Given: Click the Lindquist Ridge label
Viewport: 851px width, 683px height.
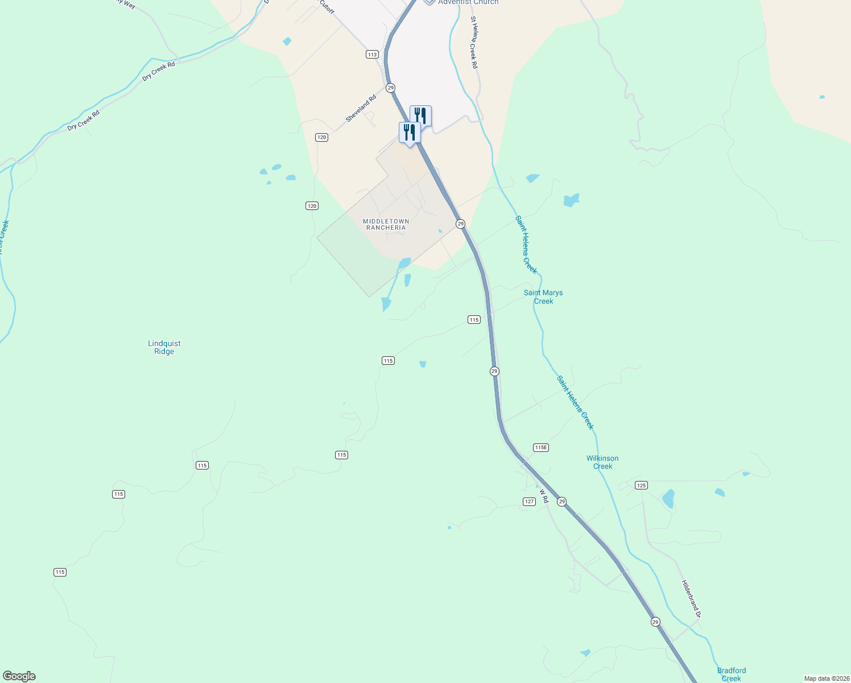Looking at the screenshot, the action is (x=164, y=347).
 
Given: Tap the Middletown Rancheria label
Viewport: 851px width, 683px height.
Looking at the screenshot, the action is (x=386, y=224).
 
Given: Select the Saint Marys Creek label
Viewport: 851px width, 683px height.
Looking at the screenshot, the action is (x=543, y=297).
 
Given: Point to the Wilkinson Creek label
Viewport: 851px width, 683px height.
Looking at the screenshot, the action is (x=602, y=462).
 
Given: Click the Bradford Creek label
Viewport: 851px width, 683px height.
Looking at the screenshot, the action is (x=731, y=674).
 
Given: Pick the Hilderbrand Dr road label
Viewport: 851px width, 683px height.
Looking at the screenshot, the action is (x=691, y=599).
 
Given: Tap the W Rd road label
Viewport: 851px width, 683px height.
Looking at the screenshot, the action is (x=544, y=496).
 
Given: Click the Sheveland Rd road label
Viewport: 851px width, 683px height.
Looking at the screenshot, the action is (x=361, y=108).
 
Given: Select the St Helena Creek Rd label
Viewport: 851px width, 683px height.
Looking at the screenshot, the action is (x=474, y=42).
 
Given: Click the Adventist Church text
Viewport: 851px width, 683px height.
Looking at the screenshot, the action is (x=468, y=3).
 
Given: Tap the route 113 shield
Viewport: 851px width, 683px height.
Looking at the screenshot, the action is (x=372, y=55).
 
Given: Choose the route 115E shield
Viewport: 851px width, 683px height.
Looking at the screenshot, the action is (x=541, y=447).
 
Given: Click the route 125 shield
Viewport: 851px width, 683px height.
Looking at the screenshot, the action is (x=641, y=485).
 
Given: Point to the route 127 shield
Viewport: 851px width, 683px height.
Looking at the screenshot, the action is (x=529, y=501).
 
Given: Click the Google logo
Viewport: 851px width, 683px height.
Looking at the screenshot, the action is (x=19, y=676).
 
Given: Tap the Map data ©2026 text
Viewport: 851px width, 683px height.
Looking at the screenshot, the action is (x=827, y=678).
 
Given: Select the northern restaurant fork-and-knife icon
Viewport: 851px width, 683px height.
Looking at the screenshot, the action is (x=420, y=115).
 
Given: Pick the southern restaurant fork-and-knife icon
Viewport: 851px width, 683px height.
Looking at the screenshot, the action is (x=410, y=132).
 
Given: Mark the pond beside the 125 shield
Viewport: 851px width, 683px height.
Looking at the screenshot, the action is (x=668, y=499).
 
